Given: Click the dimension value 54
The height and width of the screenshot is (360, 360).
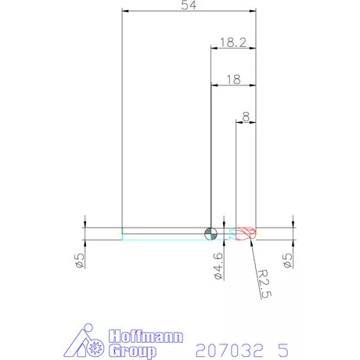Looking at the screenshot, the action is click(x=189, y=5).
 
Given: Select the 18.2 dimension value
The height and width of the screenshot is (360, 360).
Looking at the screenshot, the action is click(x=233, y=42).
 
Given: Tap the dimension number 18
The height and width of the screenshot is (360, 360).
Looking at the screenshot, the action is click(x=233, y=80).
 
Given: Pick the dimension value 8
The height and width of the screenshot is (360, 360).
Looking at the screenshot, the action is click(x=246, y=117).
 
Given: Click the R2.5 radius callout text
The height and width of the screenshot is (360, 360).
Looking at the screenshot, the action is click(x=265, y=284).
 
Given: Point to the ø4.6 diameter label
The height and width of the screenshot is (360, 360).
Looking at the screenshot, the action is click(x=219, y=266).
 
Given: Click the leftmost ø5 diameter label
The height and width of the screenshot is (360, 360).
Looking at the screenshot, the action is click(x=80, y=261).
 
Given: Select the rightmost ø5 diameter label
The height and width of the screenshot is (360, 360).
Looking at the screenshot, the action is click(x=288, y=261).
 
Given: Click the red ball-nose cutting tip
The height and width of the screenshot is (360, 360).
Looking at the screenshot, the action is click(x=246, y=233).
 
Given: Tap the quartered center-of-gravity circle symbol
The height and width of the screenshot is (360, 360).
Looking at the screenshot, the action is click(x=211, y=233).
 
